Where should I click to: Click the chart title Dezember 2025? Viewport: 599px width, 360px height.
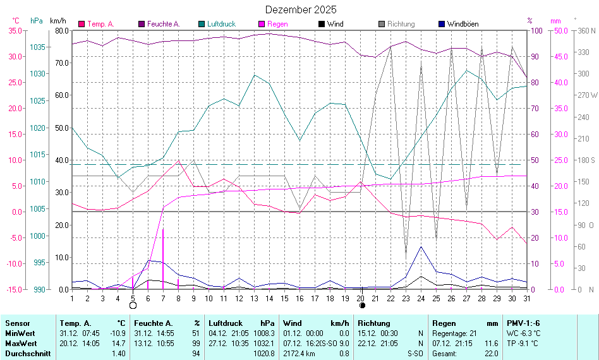click(301, 9)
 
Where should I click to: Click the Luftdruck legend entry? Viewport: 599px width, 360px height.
click(221, 24)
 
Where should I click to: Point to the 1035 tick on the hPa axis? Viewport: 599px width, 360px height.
click(37, 47)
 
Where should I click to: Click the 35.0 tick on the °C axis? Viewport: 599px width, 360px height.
click(16, 30)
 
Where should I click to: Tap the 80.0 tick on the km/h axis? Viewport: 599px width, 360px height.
click(62, 30)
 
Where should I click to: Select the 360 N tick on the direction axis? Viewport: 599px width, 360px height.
click(587, 30)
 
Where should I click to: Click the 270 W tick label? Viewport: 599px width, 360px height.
click(587, 95)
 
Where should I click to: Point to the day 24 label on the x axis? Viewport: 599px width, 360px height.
click(421, 297)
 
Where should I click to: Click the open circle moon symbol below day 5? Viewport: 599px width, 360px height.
click(133, 306)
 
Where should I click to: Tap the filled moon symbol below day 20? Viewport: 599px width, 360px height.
click(362, 306)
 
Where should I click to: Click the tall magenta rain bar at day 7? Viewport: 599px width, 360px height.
click(163, 259)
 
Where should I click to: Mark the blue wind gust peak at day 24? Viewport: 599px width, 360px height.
click(421, 247)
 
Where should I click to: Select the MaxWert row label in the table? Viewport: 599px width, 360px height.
click(20, 343)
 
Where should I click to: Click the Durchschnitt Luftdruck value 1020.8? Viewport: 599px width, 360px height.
click(265, 353)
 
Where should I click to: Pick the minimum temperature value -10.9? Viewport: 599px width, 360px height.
click(118, 333)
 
